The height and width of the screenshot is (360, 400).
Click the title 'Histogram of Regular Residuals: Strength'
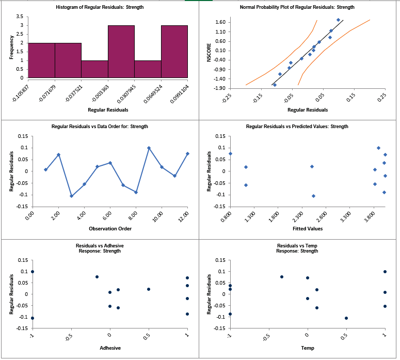[100, 7]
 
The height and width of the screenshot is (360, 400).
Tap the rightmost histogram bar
[174, 52]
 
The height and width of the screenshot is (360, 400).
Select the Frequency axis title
[11, 47]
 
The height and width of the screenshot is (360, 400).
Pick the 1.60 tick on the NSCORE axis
[220, 22]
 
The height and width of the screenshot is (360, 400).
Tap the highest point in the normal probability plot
[338, 20]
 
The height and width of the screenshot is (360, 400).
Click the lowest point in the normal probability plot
[275, 85]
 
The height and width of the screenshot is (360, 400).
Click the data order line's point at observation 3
[71, 196]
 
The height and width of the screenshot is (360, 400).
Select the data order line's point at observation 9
[149, 148]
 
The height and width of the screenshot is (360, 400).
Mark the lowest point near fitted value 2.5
[313, 196]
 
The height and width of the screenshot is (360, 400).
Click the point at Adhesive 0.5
[148, 289]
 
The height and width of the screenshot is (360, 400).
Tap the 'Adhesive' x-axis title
[109, 348]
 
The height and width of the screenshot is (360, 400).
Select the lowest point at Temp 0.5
[346, 318]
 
